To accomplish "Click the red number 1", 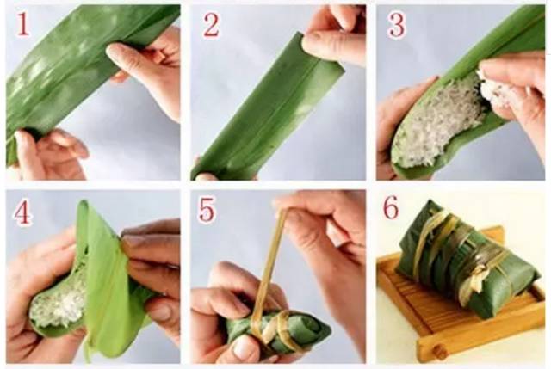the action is tap(22, 25).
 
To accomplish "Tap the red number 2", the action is tap(211, 25).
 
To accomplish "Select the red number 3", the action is tap(396, 25).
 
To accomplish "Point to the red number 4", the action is tap(22, 212).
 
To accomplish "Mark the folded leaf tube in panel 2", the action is tap(267, 105).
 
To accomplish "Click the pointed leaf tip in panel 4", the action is tap(83, 203).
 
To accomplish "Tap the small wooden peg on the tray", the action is tap(438, 352).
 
